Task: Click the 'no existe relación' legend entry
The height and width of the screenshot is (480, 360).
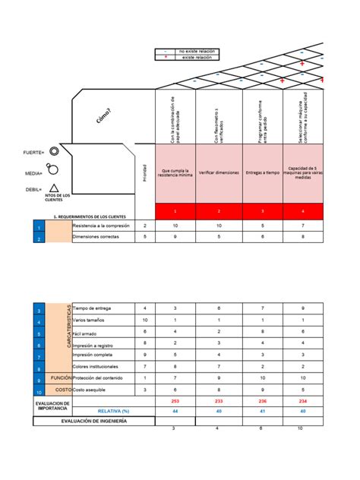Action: [x=196, y=52]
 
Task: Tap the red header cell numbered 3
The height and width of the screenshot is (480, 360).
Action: [x=263, y=211]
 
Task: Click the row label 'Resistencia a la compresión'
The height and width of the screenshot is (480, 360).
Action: [x=101, y=226]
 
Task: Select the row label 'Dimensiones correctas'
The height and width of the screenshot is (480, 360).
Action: [x=97, y=237]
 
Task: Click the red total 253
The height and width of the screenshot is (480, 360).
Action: [x=175, y=400]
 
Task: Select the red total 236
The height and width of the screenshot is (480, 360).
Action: [x=263, y=400]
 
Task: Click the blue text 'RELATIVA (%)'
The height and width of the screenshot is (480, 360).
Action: [x=114, y=411]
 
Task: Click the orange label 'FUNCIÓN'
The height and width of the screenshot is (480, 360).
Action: [x=60, y=377]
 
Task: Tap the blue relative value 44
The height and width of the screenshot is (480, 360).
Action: [x=175, y=411]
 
